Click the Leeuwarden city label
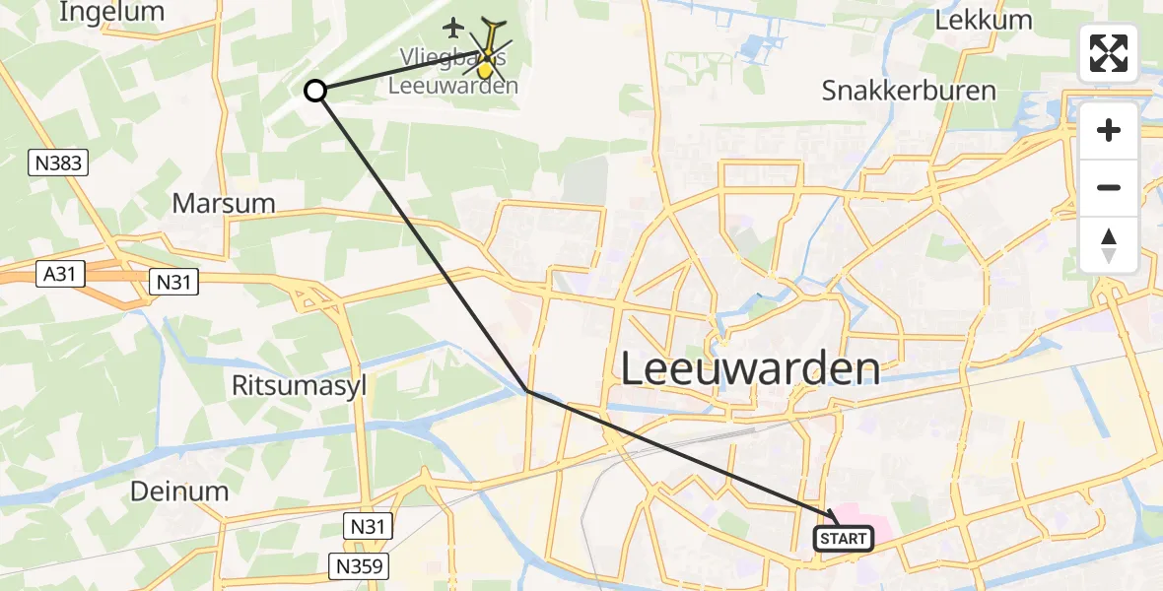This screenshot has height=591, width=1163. (751, 368)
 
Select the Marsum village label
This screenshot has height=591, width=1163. (223, 204)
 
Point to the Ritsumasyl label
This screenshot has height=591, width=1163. (298, 385)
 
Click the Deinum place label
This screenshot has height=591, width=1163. (179, 491)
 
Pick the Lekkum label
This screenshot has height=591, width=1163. (986, 20)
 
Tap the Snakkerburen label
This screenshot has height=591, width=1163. (909, 92)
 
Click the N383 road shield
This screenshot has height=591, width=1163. (58, 163)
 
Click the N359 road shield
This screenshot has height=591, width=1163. (359, 565)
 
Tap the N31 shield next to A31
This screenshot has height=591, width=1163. (174, 283)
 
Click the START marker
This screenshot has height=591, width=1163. (844, 538)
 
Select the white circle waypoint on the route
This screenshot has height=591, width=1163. (315, 91)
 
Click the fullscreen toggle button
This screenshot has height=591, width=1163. (1109, 53)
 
